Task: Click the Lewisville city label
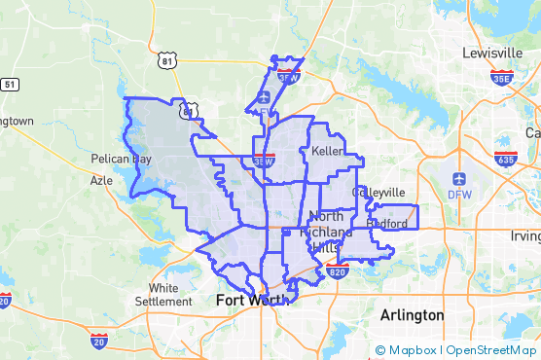(493, 52)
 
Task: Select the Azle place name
(101, 180)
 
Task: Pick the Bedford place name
(386, 224)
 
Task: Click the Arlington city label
(411, 315)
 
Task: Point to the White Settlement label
(177, 295)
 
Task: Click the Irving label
(526, 236)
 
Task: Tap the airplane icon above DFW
(459, 179)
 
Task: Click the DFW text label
(459, 195)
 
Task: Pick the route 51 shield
(10, 85)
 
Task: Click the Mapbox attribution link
(410, 350)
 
